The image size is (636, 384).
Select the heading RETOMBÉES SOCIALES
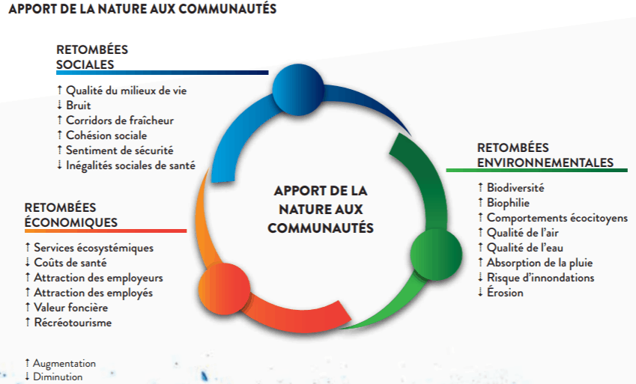coord(92,57)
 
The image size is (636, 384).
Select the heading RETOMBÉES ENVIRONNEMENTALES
coord(545,155)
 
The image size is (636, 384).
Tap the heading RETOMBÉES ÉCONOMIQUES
coord(70,215)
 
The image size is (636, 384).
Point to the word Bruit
coord(79,106)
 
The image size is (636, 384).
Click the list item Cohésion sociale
coord(106,135)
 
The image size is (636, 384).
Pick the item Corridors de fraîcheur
coord(120,121)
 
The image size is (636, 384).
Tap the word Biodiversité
coord(515,188)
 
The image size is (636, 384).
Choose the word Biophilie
coord(508,203)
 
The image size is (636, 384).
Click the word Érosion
coord(505,293)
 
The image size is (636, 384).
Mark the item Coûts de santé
coord(70,263)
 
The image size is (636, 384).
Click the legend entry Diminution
coord(58,377)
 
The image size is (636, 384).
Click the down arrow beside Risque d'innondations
coord(480,278)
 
